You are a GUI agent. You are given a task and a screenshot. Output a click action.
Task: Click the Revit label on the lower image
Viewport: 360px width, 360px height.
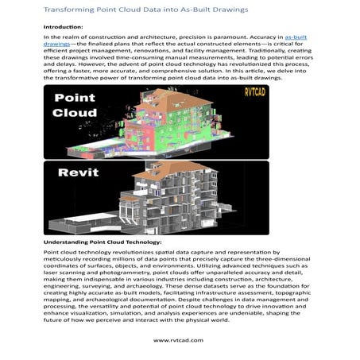[x=75, y=172]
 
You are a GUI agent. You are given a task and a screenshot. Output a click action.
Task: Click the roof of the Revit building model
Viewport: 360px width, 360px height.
[x=191, y=169]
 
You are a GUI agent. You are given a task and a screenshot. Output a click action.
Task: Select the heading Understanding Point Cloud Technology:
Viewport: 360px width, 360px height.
[x=103, y=241]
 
